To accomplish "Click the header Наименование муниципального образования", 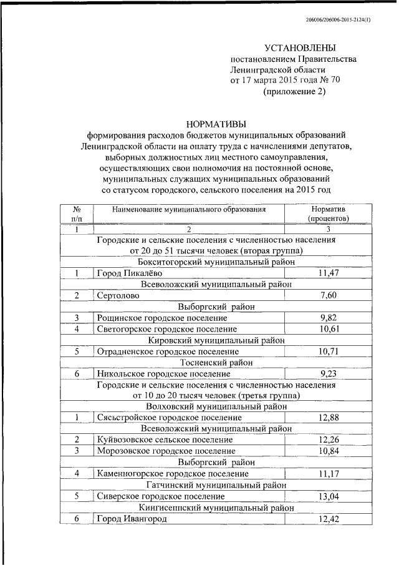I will coord(189,210).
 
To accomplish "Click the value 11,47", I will coord(331,273).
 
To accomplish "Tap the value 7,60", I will coord(331,295).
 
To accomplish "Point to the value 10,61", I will coord(331,329).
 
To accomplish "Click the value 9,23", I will coord(331,374).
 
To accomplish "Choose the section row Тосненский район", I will coord(216,363).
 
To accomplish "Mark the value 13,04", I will coord(331,496).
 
